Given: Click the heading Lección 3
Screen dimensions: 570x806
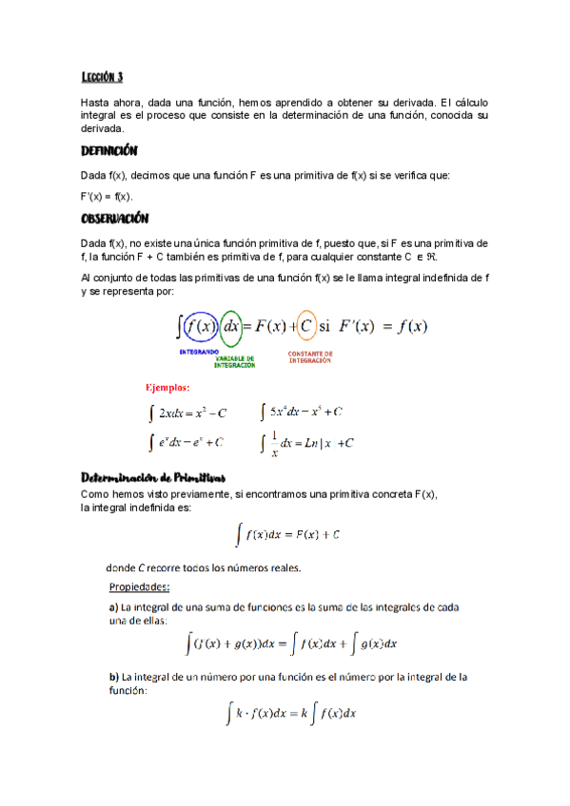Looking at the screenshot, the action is pos(103,78).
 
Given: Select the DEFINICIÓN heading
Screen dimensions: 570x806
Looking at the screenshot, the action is pos(110,152).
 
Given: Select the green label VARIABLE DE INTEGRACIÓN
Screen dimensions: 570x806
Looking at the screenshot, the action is pos(235,362).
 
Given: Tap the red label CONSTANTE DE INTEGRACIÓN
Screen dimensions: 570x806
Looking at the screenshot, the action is pos(309,356).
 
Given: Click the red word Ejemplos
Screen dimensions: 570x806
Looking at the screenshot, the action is pos(167,388).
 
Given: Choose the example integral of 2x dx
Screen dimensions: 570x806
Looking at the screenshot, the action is pos(188,413).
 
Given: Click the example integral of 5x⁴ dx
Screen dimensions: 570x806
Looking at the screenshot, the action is pos(301,413).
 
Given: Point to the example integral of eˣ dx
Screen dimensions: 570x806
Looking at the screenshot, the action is pos(187,442).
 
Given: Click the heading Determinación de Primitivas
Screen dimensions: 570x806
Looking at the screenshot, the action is pos(154,477).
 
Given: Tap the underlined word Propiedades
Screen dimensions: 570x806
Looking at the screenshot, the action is pos(140,586).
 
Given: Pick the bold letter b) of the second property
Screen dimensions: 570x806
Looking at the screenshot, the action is pos(114,678).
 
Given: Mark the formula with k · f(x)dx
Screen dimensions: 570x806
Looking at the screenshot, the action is pos(291,712).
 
